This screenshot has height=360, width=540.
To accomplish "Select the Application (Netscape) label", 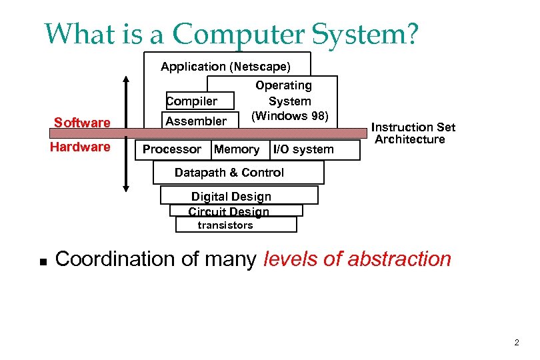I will pyautogui.click(x=226, y=67).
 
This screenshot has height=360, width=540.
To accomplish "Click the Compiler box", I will pyautogui.click(x=199, y=101).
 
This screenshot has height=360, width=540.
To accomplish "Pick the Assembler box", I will pyautogui.click(x=196, y=121).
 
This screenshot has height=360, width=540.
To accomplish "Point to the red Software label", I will pyautogui.click(x=82, y=123).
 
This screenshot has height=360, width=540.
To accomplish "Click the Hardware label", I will pyautogui.click(x=80, y=147).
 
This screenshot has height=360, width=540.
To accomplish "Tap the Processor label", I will pyautogui.click(x=172, y=149).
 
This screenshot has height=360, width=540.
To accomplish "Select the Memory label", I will pyautogui.click(x=237, y=149).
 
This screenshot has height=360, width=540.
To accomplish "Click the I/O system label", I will pyautogui.click(x=303, y=149).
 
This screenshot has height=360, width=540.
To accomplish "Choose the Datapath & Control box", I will pyautogui.click(x=237, y=173).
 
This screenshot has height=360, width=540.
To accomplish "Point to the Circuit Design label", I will pyautogui.click(x=229, y=211).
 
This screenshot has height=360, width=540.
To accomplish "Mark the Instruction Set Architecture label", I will pyautogui.click(x=413, y=133).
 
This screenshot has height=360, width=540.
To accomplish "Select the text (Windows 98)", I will pyautogui.click(x=289, y=115).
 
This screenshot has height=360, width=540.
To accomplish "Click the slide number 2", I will pyautogui.click(x=516, y=343).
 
